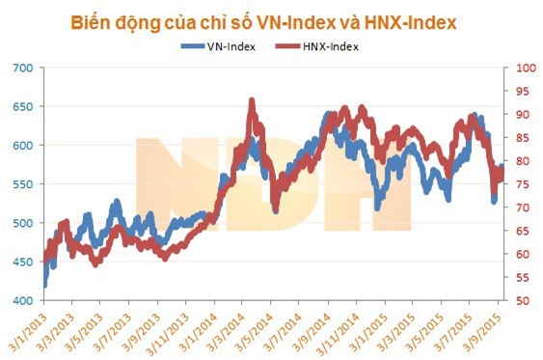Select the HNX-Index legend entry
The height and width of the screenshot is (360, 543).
(325, 45)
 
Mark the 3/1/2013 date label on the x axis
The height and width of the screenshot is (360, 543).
(26, 328)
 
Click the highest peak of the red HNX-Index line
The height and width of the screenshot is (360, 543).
(252, 100)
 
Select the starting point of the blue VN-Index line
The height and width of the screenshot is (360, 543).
(44, 285)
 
